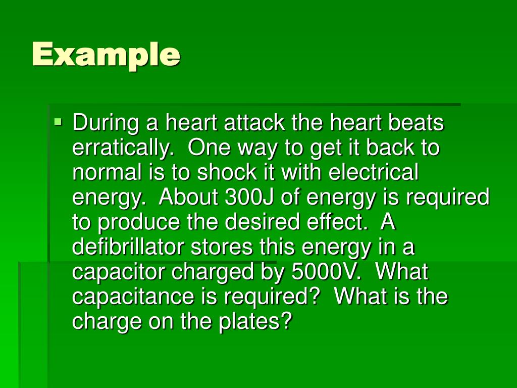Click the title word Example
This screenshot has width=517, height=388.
tap(106, 55)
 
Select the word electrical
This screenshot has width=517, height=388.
tap(374, 173)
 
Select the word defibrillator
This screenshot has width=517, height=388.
tap(129, 247)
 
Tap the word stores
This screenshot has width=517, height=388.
tap(217, 247)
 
